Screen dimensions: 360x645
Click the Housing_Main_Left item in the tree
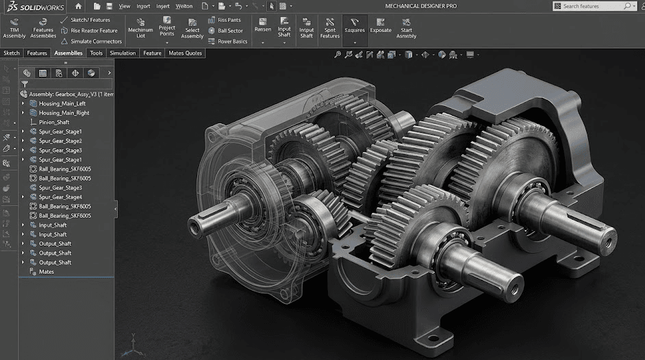(62, 103)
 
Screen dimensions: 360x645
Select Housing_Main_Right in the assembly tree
(64, 113)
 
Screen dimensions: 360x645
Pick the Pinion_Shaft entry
(54, 122)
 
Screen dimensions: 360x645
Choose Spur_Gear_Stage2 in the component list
(60, 141)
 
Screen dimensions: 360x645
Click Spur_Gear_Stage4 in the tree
(60, 197)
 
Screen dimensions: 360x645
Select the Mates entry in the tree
(46, 272)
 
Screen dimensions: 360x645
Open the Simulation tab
(123, 53)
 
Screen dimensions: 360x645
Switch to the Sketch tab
(12, 53)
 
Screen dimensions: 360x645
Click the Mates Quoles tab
(186, 53)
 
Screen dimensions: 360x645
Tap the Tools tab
(97, 53)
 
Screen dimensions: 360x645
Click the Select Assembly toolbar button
(192, 29)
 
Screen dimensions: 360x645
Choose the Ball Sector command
(229, 31)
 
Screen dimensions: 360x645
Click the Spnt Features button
(330, 29)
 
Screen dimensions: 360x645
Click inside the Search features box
(592, 6)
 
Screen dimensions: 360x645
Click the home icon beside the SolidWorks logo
(79, 5)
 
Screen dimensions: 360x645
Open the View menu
(124, 6)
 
